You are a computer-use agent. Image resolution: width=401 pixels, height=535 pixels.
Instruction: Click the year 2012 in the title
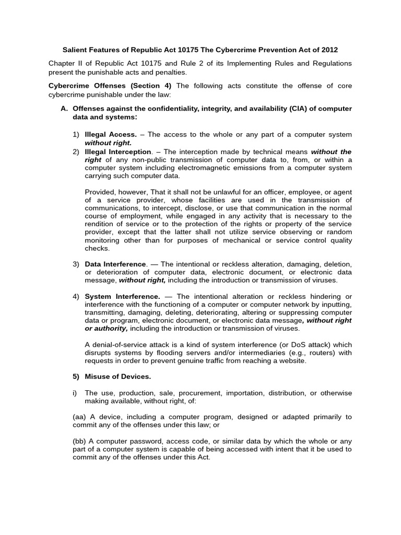coord(330,50)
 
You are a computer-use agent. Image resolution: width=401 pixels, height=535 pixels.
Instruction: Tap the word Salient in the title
coord(75,50)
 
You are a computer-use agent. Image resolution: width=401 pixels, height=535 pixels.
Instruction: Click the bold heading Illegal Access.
coord(111,134)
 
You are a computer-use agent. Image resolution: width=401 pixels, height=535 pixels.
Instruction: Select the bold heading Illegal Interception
coord(117,152)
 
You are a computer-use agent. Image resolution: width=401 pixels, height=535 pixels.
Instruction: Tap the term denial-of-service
coord(119,345)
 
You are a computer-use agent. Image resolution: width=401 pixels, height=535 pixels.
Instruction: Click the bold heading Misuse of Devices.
coord(118,376)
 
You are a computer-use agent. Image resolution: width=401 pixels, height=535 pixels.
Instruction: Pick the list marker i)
coord(75,393)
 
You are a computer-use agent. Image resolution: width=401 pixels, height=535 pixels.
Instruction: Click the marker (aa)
coord(80,417)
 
